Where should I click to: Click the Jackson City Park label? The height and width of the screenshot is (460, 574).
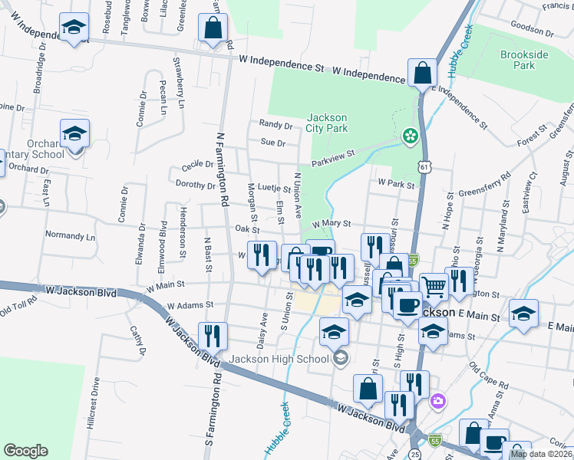click(x=326, y=123)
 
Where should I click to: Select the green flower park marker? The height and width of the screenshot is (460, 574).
click(x=411, y=136)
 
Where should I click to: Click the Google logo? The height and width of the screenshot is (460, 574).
click(x=25, y=450)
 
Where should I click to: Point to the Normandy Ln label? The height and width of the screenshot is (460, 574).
click(x=70, y=236)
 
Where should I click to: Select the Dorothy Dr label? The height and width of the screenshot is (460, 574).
click(x=196, y=185)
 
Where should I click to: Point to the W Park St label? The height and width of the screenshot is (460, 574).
click(x=396, y=184)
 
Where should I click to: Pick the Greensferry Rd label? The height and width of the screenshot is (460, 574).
click(x=484, y=188)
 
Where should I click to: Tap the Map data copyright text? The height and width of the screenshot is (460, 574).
click(x=539, y=454)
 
